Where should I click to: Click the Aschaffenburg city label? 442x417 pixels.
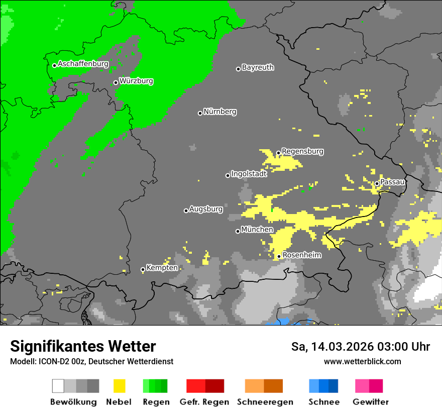(x=83, y=64)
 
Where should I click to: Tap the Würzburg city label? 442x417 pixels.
(x=136, y=81)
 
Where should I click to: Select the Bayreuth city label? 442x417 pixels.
(x=258, y=67)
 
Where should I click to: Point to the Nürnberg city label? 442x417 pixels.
(x=219, y=112)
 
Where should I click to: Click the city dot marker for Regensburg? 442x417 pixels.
(x=278, y=153)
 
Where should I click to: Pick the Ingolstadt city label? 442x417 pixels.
(x=249, y=174)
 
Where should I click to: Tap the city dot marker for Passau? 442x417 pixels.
(x=377, y=183)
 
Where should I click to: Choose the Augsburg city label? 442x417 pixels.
(x=206, y=209)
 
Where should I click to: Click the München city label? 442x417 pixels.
(x=257, y=230)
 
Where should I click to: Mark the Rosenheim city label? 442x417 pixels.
(x=302, y=255)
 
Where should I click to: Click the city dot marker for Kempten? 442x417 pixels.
(x=143, y=270)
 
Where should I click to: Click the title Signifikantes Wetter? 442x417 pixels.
(x=83, y=347)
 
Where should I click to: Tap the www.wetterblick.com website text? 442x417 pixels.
(x=362, y=361)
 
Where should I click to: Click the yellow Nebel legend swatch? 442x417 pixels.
(x=119, y=386)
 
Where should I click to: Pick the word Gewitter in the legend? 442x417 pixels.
(x=370, y=402)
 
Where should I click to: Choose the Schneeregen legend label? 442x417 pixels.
(x=265, y=402)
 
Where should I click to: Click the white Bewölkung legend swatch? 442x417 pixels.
(x=58, y=386)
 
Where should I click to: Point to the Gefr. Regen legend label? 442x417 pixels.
(x=204, y=402)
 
